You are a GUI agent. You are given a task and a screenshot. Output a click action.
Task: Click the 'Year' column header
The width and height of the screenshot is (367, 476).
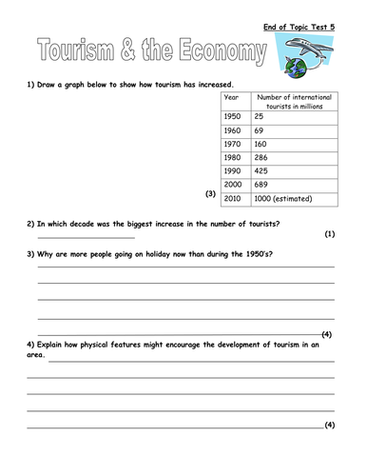pyautogui.click(x=231, y=97)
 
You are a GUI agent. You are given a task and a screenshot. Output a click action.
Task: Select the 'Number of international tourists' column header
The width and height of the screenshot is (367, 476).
pyautogui.click(x=294, y=101)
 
